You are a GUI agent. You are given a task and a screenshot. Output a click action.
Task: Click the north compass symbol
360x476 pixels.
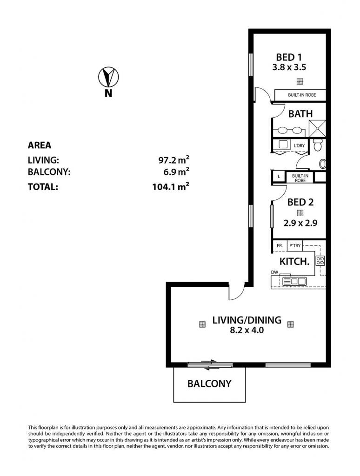[x=108, y=77]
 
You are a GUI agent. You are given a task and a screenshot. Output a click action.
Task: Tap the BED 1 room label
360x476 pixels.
[x=289, y=57]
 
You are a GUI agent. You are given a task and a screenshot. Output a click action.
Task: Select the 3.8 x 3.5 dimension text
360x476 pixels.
[x=289, y=67]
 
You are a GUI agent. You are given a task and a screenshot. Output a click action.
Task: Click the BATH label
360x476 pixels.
[x=300, y=114]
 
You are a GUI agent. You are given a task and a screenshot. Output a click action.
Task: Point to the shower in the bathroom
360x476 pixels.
[x=317, y=129]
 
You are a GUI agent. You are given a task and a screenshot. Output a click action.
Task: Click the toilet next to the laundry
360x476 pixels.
[x=317, y=145]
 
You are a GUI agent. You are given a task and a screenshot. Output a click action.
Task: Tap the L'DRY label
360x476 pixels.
[x=299, y=145]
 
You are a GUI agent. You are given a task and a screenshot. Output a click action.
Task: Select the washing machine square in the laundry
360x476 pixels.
[x=283, y=144]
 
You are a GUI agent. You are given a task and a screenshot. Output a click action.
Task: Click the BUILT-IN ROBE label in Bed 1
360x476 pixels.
[x=302, y=95]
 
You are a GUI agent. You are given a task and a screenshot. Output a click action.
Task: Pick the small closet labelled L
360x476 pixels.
[x=279, y=177]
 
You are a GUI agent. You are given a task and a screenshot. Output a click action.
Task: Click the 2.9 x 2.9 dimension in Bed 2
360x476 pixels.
[x=300, y=224]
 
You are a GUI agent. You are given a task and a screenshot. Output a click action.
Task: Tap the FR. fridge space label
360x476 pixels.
[x=280, y=245]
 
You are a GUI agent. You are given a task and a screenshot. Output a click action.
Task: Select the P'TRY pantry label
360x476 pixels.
[x=294, y=245]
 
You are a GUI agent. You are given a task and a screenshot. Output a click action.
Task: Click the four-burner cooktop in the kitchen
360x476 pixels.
[x=320, y=260]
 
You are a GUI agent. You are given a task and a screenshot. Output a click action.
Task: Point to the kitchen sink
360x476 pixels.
[x=294, y=281]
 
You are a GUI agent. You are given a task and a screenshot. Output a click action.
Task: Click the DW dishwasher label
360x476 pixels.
[x=274, y=272]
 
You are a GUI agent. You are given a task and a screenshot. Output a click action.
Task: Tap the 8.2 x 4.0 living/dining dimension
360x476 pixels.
[x=247, y=331]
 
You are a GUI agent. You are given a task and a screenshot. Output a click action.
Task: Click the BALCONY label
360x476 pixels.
[x=209, y=383]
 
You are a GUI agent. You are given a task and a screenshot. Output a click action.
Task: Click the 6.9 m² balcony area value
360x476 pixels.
[x=176, y=172]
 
